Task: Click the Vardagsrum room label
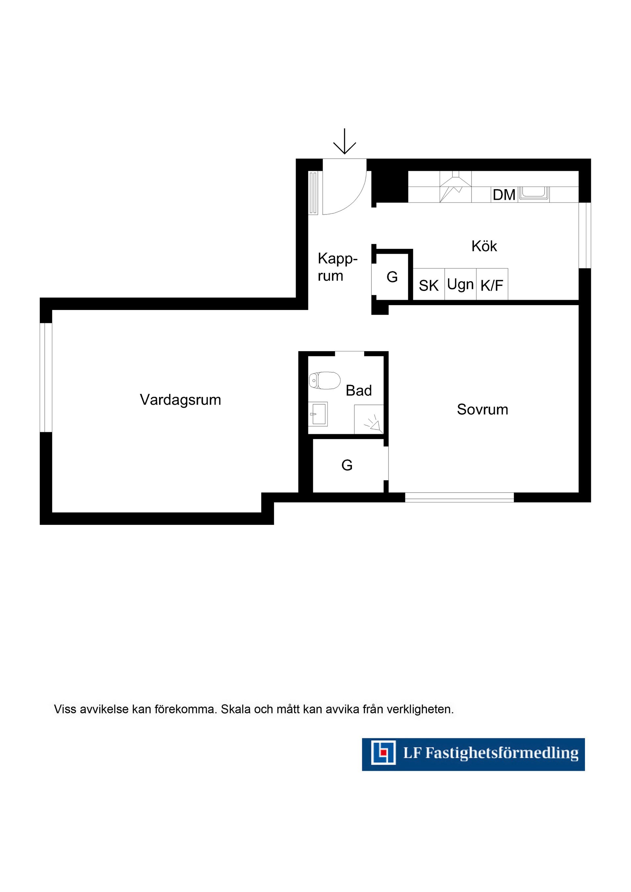click(x=180, y=400)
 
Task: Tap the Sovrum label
click(x=482, y=410)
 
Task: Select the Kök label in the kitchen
click(x=484, y=246)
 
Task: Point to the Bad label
click(x=359, y=390)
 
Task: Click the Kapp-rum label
click(x=337, y=267)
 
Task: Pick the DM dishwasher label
click(x=504, y=195)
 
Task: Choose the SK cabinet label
click(x=429, y=285)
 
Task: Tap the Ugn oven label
click(x=460, y=285)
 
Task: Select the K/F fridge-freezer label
click(x=492, y=285)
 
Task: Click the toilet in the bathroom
click(x=325, y=380)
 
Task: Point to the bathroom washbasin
click(x=318, y=414)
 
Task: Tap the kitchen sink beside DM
click(x=535, y=193)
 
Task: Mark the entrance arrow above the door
click(x=344, y=141)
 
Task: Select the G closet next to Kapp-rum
click(x=392, y=277)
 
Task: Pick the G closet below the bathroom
click(x=347, y=465)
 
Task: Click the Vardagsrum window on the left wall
click(x=46, y=377)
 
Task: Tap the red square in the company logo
click(x=383, y=752)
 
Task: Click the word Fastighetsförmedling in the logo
click(x=502, y=753)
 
